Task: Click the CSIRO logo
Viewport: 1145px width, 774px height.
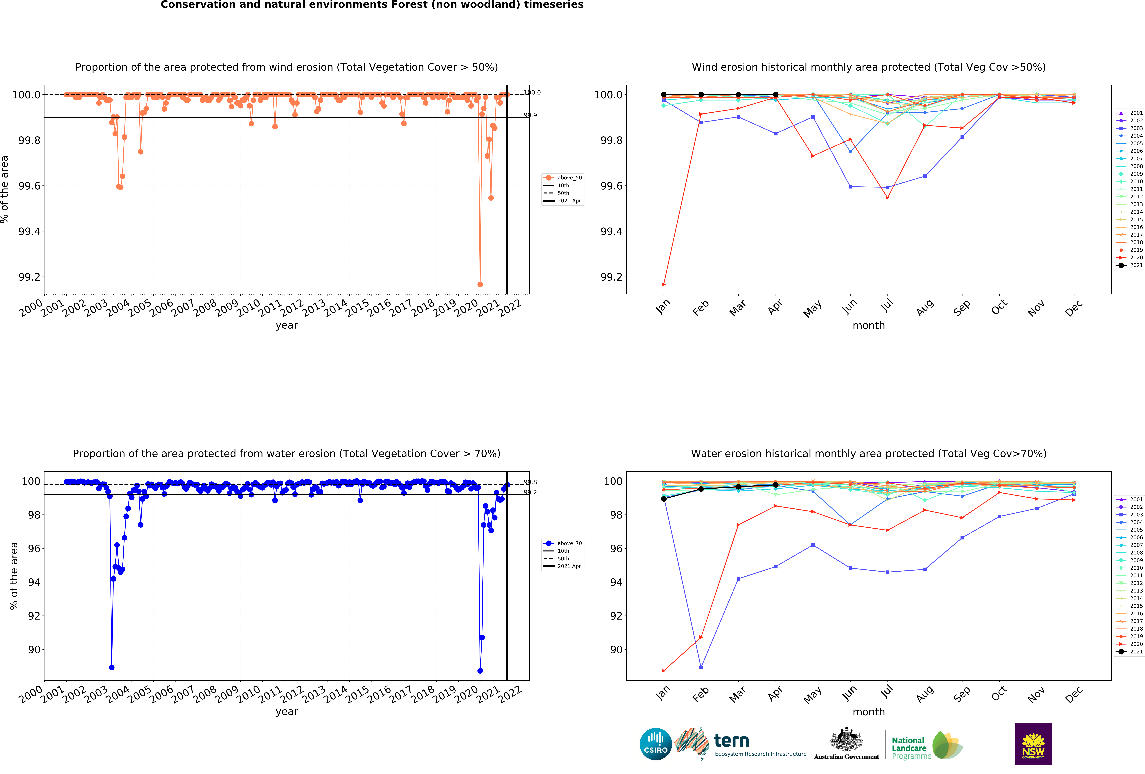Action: coord(655,744)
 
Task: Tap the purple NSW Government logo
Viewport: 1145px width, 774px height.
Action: coord(1033,744)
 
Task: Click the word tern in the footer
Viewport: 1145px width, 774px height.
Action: coord(732,740)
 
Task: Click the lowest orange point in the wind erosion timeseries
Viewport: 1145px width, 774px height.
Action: coord(480,284)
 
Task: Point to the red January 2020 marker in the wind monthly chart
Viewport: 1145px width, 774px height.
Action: coord(664,284)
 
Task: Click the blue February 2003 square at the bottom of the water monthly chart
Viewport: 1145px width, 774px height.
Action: coord(701,668)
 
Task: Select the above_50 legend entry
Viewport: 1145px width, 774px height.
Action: coord(569,178)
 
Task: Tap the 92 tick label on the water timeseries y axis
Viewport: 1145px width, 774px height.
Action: coord(34,616)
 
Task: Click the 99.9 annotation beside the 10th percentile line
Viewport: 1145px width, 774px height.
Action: coord(530,115)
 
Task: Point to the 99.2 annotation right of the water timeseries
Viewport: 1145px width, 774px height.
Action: coord(530,492)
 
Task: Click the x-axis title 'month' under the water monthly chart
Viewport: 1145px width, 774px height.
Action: coord(869,712)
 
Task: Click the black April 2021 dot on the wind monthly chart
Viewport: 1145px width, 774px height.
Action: coord(775,95)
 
